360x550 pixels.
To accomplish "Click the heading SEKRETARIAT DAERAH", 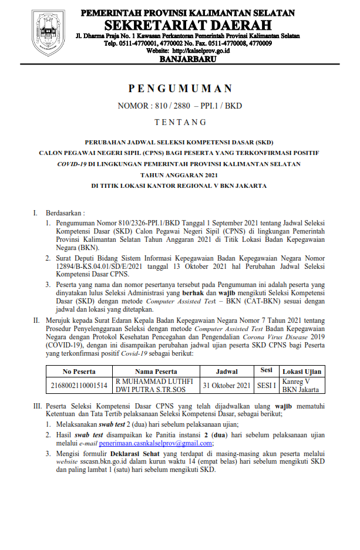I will point(188,25).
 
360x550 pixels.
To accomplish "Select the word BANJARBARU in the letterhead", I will point(188,60).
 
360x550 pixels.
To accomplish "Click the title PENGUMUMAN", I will point(180,89).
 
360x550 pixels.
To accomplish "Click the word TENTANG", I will point(180,123).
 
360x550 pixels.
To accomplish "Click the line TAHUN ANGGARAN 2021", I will point(180,174).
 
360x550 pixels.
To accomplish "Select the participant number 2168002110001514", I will point(79,385).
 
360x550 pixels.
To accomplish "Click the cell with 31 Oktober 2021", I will point(227,385).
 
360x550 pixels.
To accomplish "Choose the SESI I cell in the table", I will point(267,385).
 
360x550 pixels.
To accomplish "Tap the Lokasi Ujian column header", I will point(301,371).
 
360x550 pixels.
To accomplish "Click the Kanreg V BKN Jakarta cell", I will point(300,385).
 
